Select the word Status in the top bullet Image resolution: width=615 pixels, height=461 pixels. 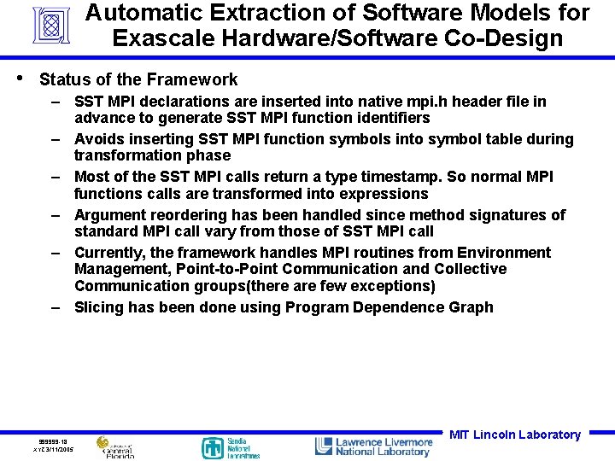pos(64,79)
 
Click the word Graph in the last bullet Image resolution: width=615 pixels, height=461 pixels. pos(471,307)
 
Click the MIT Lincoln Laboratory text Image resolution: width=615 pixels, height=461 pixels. pos(514,435)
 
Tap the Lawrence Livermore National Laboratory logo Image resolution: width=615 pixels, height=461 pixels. pos(373,446)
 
